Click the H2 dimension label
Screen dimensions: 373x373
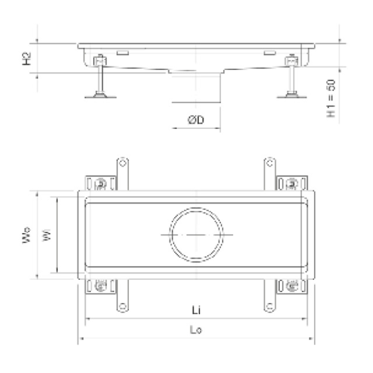27,59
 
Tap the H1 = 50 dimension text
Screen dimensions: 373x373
331,98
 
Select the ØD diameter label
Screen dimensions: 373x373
196,120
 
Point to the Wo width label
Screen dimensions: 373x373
26,235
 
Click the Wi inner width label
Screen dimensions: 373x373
47,235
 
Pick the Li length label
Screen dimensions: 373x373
196,310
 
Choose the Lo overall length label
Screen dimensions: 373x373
196,330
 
